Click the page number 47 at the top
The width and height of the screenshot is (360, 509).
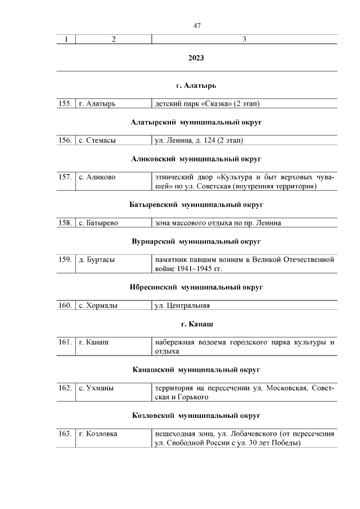click(x=196, y=26)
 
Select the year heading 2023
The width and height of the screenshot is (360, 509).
click(x=196, y=58)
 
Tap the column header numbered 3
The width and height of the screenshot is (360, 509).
click(x=244, y=39)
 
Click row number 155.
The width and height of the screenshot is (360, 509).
click(x=65, y=103)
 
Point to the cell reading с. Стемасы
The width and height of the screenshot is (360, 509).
click(x=97, y=140)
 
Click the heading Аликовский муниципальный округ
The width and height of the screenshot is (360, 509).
click(x=196, y=159)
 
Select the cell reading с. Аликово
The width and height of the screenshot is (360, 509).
click(x=97, y=177)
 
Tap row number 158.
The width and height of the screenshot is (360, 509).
click(x=65, y=223)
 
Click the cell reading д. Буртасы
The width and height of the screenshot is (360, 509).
click(x=97, y=260)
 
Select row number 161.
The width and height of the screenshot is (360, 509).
click(x=65, y=343)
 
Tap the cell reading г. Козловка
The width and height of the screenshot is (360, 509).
click(x=98, y=434)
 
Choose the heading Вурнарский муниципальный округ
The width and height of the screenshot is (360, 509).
click(x=196, y=241)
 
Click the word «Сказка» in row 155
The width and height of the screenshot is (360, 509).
click(x=210, y=103)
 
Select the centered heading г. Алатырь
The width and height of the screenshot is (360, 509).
click(x=196, y=85)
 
